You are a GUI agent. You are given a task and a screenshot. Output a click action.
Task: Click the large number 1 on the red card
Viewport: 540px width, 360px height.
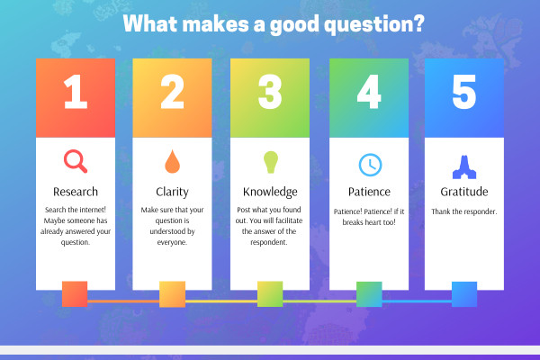click(x=76, y=92)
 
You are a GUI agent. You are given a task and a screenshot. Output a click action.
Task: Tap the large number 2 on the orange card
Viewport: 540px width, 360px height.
click(x=172, y=92)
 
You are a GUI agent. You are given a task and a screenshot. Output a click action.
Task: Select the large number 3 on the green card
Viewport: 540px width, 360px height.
click(x=270, y=92)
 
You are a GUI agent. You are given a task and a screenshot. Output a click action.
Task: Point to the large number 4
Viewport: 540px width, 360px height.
click(x=369, y=92)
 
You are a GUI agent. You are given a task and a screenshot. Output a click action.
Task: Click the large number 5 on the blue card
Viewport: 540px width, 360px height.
click(x=464, y=92)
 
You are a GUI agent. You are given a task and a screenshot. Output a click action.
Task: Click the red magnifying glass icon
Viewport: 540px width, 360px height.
click(x=75, y=160)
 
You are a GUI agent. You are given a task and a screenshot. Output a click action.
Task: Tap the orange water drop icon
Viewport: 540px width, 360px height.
click(x=172, y=161)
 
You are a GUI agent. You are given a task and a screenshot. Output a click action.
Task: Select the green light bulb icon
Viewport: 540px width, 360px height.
click(x=270, y=162)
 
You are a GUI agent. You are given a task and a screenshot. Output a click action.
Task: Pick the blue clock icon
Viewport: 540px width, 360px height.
click(x=370, y=165)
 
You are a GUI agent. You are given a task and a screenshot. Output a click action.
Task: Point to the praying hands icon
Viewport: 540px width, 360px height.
click(x=464, y=167)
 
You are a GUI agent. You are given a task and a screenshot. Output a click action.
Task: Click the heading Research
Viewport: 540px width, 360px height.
click(x=76, y=192)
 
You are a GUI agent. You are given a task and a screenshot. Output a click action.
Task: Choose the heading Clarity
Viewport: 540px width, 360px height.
click(x=172, y=192)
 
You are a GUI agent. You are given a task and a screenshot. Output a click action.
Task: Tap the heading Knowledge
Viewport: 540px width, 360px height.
click(x=270, y=192)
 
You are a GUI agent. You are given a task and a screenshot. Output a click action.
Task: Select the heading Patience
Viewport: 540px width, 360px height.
click(x=369, y=192)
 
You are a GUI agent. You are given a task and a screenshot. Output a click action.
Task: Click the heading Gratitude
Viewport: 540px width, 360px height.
click(x=464, y=192)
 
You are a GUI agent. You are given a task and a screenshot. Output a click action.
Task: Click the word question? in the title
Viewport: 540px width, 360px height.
click(x=374, y=24)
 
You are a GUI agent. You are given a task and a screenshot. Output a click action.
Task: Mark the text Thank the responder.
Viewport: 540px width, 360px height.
click(x=464, y=211)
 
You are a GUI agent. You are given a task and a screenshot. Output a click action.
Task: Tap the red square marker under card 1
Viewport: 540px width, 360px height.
click(x=75, y=294)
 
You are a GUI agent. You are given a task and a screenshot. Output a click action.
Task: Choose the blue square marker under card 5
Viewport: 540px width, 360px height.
click(x=464, y=294)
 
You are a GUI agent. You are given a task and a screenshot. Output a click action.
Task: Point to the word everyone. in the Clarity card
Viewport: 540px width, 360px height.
click(x=172, y=242)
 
